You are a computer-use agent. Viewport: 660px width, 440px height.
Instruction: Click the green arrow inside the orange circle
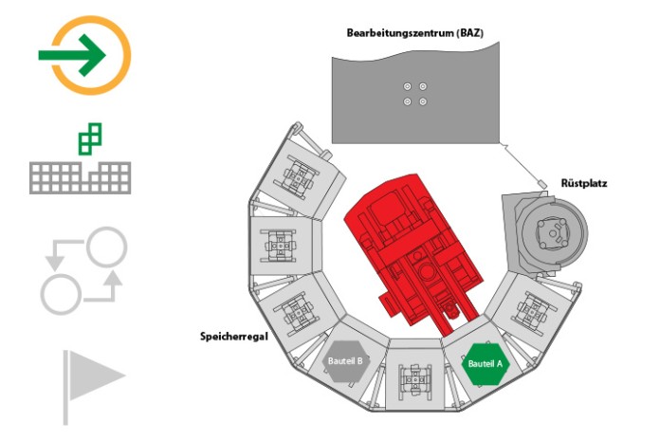click(x=71, y=55)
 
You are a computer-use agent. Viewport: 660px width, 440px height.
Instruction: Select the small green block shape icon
click(x=90, y=138)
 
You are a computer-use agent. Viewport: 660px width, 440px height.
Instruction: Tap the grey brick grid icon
click(x=80, y=177)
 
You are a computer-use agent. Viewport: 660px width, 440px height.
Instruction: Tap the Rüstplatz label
click(x=584, y=183)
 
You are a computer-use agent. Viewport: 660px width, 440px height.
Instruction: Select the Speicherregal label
click(x=233, y=337)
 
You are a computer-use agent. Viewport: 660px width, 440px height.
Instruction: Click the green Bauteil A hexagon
click(x=486, y=364)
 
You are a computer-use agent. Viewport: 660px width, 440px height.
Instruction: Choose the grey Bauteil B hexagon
click(x=345, y=361)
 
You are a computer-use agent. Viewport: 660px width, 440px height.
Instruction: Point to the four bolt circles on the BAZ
click(x=415, y=94)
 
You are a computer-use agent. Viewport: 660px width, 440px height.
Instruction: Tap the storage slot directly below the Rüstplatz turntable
click(x=533, y=309)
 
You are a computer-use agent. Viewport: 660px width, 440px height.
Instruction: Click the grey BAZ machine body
click(x=415, y=94)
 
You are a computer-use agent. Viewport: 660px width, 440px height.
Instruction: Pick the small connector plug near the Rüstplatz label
click(x=541, y=184)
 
